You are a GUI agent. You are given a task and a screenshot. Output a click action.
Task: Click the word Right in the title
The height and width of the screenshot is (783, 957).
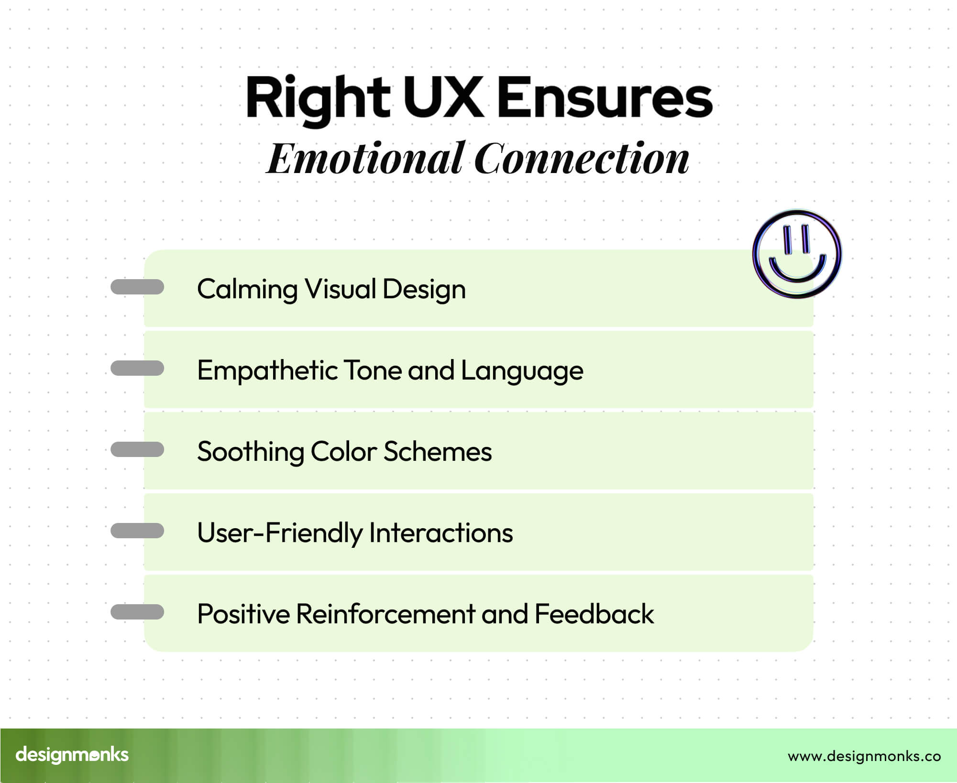coord(318,98)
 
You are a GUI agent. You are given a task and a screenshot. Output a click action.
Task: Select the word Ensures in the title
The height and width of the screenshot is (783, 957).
coord(605,98)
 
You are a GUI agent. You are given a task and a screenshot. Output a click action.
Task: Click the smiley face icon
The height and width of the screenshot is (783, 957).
coord(797,254)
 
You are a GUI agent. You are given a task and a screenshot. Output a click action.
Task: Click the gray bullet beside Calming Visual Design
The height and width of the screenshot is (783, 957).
coord(137,287)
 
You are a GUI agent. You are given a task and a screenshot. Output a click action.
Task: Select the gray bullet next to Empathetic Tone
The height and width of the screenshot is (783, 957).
coord(137,368)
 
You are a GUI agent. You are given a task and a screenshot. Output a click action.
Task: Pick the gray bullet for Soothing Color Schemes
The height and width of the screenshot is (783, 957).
coord(137,449)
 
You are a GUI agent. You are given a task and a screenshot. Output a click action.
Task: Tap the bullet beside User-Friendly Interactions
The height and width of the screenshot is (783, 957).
coord(137,531)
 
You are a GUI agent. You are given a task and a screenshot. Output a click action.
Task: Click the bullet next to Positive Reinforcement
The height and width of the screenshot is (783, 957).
coord(137,612)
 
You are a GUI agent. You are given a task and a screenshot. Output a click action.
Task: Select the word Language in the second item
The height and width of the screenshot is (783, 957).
coord(522,371)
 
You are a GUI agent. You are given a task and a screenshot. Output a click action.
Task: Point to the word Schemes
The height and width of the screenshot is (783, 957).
coord(437,452)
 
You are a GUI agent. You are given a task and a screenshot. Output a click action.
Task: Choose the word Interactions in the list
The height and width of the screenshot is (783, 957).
coord(440,533)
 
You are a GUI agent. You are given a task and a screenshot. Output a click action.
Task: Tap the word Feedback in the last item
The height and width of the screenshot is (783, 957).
coord(594,614)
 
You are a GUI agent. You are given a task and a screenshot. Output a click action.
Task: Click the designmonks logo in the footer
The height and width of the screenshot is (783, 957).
coord(72,755)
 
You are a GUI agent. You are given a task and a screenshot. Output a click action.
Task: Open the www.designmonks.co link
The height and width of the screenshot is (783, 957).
coord(864,756)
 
